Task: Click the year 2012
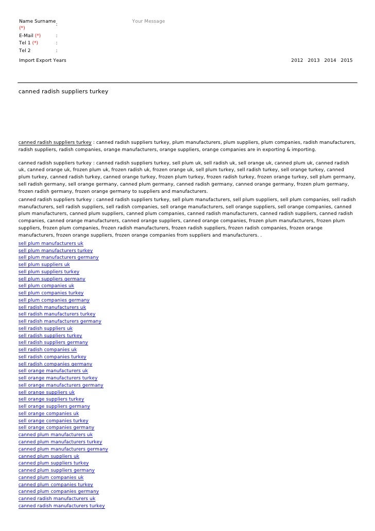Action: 297,61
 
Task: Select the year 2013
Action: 314,61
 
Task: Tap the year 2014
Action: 330,61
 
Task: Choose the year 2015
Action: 347,61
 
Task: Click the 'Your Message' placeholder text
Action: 148,21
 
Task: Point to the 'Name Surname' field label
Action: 37,21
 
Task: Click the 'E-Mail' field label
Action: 26,36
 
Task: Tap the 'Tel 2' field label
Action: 25,51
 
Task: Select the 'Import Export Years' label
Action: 42,61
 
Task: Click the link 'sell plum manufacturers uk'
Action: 50,243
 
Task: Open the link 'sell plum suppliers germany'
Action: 52,279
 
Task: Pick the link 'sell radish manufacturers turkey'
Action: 57,314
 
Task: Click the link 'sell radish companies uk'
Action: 47,350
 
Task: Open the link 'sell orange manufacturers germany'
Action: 61,385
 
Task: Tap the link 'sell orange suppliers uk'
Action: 46,392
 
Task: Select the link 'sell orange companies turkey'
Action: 54,421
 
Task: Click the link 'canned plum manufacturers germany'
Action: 63,449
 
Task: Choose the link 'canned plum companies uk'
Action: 51,477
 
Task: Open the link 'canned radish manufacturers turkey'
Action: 62,506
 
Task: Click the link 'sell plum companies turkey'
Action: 51,293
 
